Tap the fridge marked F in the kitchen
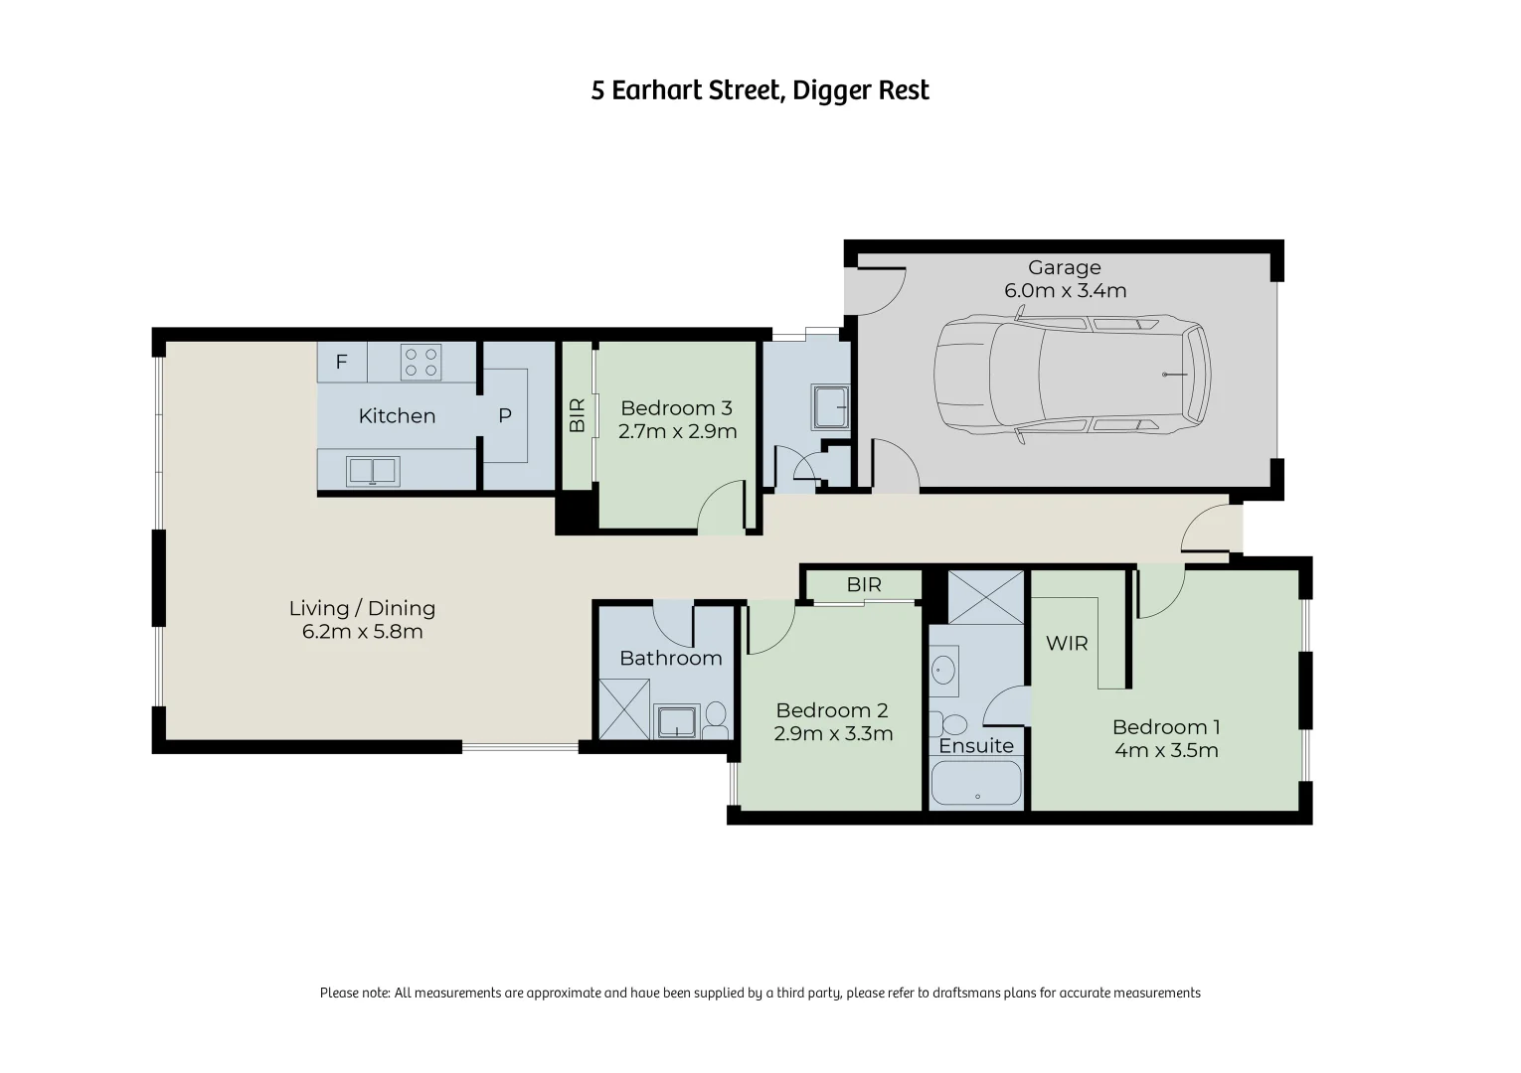[341, 362]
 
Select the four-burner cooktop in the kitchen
[421, 362]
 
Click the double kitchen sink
[373, 471]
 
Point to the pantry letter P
[505, 416]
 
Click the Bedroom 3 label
[676, 408]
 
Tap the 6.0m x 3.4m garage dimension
[1065, 291]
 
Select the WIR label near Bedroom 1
[1067, 643]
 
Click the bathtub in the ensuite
[976, 783]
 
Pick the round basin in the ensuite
[944, 670]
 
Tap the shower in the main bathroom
[623, 708]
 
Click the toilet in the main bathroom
[715, 720]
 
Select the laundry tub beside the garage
[831, 406]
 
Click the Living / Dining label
[362, 608]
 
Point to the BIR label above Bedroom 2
[864, 585]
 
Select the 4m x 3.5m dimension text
[1166, 750]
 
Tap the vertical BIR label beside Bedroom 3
[577, 414]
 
